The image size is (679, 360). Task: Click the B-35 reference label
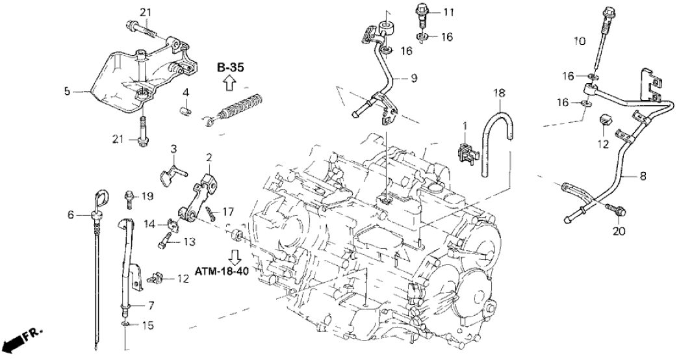230,67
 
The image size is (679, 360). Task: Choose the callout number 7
151,305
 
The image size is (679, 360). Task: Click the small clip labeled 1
465,150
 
